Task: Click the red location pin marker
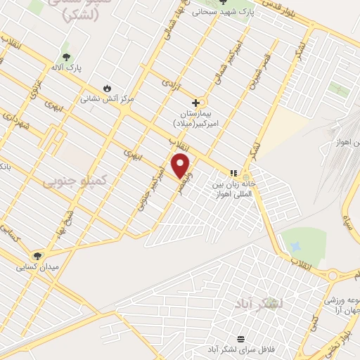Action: [181, 165]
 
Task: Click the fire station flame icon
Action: [107, 89]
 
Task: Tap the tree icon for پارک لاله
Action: [67, 58]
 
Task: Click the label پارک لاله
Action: [70, 68]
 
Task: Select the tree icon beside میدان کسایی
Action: [37, 256]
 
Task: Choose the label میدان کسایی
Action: [39, 267]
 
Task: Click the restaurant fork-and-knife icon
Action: [233, 173]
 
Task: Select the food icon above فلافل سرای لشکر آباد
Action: [241, 338]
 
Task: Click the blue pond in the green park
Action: [295, 247]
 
